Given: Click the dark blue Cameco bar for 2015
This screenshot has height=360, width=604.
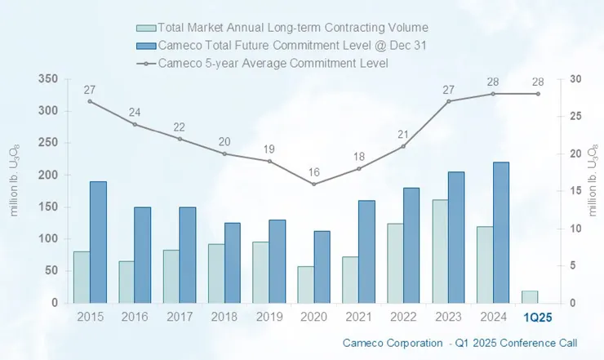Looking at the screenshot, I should coord(98,242).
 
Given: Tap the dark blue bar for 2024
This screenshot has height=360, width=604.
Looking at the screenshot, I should coord(501,232).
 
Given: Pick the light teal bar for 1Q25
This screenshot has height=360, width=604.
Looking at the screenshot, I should coord(530,296).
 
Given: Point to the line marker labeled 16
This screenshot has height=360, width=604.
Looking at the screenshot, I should coord(314,184).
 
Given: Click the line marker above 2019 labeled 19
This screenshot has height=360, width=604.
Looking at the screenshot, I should coord(269,161).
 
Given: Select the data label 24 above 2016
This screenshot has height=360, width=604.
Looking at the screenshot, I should coord(135,112).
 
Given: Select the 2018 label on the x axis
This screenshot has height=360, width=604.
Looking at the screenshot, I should coord(224,317).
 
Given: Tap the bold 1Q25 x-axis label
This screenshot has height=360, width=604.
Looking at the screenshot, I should coord(537,317).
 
